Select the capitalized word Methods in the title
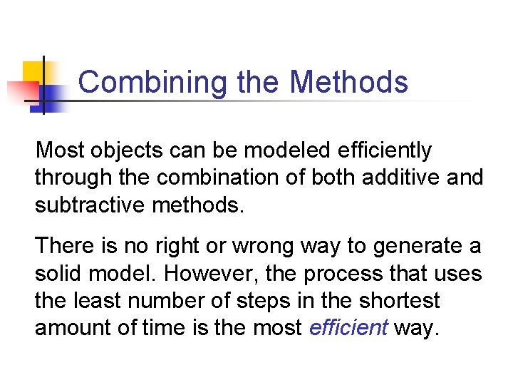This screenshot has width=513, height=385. click(349, 83)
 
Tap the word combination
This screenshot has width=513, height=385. click(209, 178)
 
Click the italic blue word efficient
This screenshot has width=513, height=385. click(348, 327)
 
